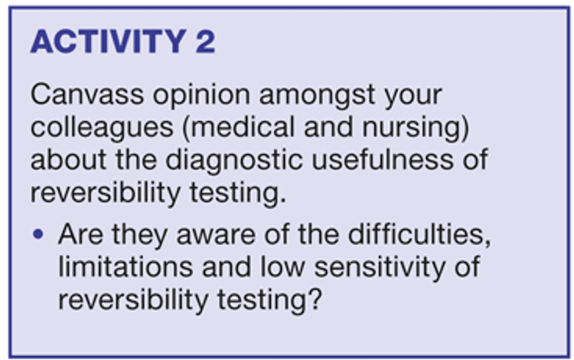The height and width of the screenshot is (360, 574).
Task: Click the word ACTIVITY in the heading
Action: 109,41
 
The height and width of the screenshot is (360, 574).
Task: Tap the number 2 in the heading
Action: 205,41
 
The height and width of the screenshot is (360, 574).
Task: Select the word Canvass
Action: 87,94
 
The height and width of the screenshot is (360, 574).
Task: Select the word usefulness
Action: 382,159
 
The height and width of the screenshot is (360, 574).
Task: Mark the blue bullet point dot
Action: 38,234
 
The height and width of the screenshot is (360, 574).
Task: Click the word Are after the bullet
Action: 80,234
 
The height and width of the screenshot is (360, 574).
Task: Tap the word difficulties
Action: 419,234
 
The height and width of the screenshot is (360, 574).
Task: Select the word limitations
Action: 126,267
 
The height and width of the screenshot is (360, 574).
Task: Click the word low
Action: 282,267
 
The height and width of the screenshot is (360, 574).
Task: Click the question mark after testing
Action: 315,299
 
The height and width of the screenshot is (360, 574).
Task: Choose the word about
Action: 69,159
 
